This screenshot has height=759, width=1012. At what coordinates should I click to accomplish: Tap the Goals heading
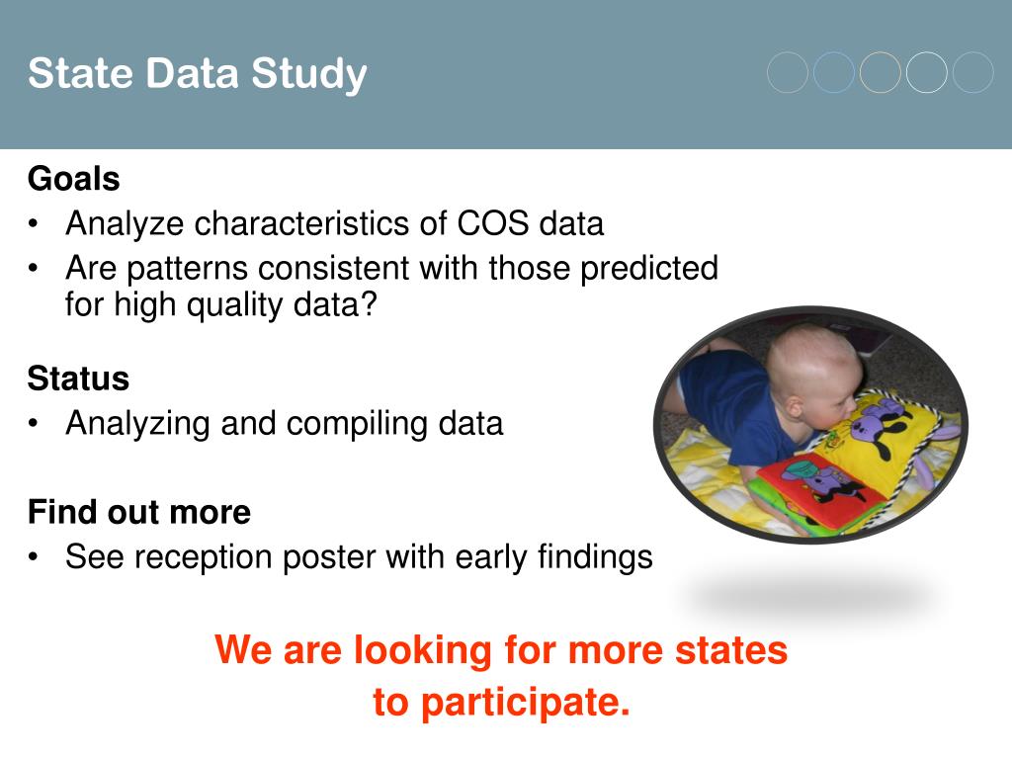(73, 179)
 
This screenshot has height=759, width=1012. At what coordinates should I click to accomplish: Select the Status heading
(78, 379)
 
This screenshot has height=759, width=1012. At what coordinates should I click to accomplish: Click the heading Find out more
(139, 512)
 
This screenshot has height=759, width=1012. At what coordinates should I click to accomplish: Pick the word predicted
(649, 269)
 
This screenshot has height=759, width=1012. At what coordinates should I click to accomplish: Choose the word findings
(595, 557)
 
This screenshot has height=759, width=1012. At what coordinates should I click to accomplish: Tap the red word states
(731, 650)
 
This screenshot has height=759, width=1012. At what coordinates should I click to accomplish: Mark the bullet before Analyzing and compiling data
(34, 423)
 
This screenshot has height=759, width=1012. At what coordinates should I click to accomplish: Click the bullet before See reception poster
(34, 556)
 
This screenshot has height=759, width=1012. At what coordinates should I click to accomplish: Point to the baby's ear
(796, 406)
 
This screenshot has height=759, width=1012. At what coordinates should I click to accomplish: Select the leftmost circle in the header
(788, 72)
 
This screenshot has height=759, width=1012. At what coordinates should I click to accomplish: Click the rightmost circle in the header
(973, 72)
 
